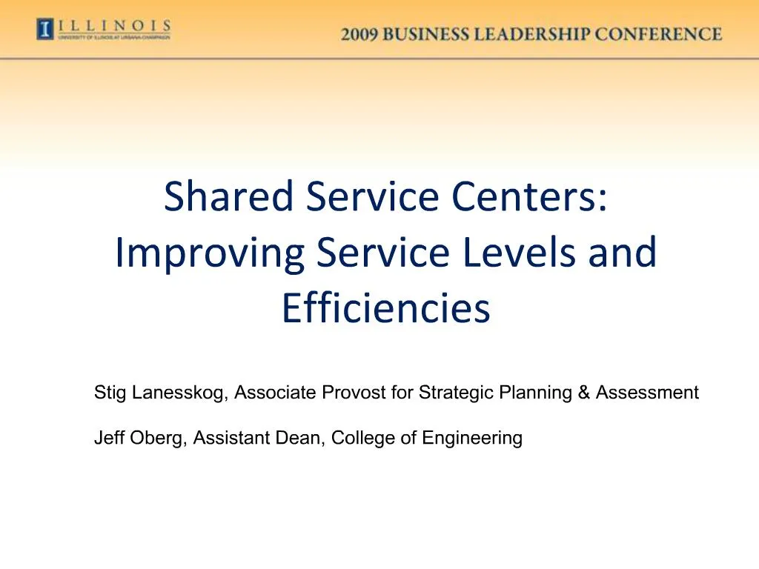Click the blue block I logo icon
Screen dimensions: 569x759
(45, 30)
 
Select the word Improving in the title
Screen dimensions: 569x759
(210, 253)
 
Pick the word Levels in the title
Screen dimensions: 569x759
(522, 253)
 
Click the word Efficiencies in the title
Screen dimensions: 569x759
(385, 308)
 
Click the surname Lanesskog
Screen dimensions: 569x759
(179, 393)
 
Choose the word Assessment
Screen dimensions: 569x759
(647, 393)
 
